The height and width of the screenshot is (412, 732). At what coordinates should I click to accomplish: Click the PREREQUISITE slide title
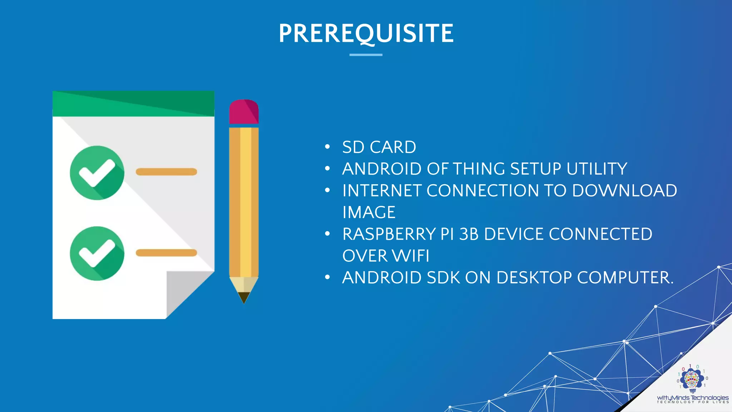pos(366,33)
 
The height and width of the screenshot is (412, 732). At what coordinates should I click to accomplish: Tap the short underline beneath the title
pos(366,55)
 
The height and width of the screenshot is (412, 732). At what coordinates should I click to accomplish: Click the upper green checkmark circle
pos(97,173)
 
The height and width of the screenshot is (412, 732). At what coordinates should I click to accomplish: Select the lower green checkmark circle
pos(97,253)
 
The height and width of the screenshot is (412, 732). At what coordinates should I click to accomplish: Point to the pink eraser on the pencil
pos(244,112)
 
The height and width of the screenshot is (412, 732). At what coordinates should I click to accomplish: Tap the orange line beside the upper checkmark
pos(166,172)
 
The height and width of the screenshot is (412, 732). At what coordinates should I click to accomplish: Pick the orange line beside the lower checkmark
pos(166,253)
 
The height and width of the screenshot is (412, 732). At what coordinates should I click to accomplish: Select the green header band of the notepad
pos(133,104)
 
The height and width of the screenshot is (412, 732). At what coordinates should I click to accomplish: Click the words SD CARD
pos(379,147)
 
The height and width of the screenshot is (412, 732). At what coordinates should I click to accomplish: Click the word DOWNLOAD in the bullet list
pos(624,191)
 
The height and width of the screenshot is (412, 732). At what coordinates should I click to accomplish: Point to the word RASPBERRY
pos(389,234)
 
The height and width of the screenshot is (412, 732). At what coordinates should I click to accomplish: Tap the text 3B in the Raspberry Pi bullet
pos(469,234)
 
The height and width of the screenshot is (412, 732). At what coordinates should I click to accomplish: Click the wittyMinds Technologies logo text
pos(692,398)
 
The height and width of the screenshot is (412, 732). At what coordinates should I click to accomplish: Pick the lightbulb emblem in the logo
pos(692,380)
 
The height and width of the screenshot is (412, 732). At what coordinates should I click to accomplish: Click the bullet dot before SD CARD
pos(327,147)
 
